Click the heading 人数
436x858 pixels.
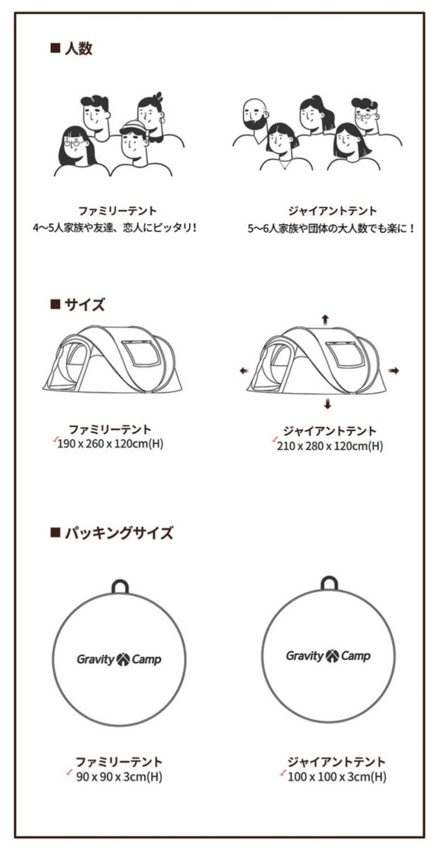(x=78, y=49)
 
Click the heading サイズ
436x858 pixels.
(x=84, y=305)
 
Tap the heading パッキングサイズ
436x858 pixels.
(x=119, y=533)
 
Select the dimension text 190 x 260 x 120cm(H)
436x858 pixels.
(x=110, y=444)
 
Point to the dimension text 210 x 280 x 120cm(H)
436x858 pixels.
(x=330, y=446)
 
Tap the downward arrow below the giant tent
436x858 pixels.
(x=328, y=403)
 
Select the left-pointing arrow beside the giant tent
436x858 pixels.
(x=244, y=370)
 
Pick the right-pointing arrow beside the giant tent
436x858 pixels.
(x=393, y=370)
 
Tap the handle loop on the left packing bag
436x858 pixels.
(x=120, y=587)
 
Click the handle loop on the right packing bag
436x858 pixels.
(x=329, y=583)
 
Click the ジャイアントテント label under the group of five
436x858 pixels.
(x=332, y=211)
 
